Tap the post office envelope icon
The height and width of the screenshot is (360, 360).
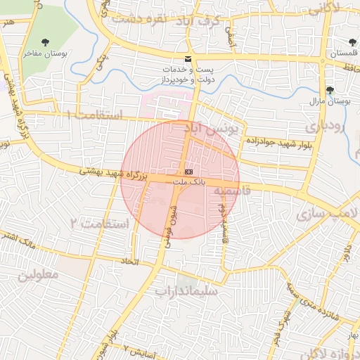pyautogui.click(x=187, y=58)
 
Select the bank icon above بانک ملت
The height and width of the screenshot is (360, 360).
pyautogui.click(x=188, y=172)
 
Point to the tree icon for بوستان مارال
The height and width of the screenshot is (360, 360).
pyautogui.click(x=330, y=90)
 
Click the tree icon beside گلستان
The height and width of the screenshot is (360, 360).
pyautogui.click(x=353, y=42)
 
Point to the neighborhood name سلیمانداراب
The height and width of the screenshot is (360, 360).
pyautogui.click(x=186, y=290)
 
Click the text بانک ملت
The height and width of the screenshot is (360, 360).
pyautogui.click(x=188, y=181)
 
